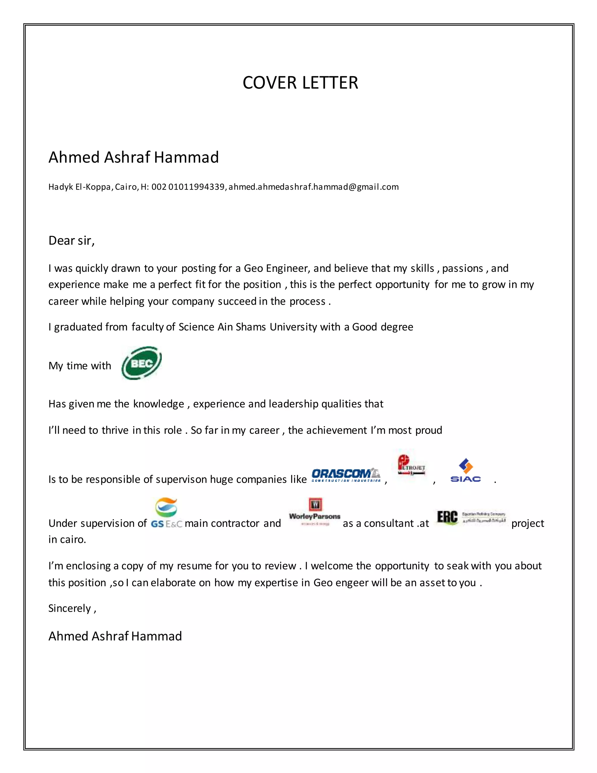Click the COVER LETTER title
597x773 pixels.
point(300,83)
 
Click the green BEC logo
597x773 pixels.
point(141,363)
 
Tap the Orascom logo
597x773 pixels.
point(346,475)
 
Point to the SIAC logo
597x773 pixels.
point(466,471)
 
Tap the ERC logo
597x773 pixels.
point(471,517)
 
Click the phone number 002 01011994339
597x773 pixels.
point(188,187)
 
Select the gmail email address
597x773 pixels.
point(313,187)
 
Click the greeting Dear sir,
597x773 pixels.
point(71,241)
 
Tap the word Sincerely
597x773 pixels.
point(70,608)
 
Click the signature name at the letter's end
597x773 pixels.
point(115,636)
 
